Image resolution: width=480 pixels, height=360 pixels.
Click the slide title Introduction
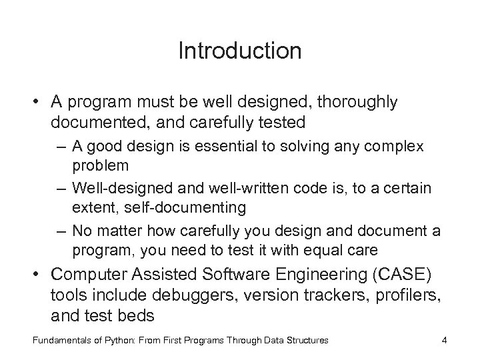[240, 51]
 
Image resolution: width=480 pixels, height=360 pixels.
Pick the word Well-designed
[114, 189]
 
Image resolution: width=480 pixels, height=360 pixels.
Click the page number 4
[443, 341]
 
